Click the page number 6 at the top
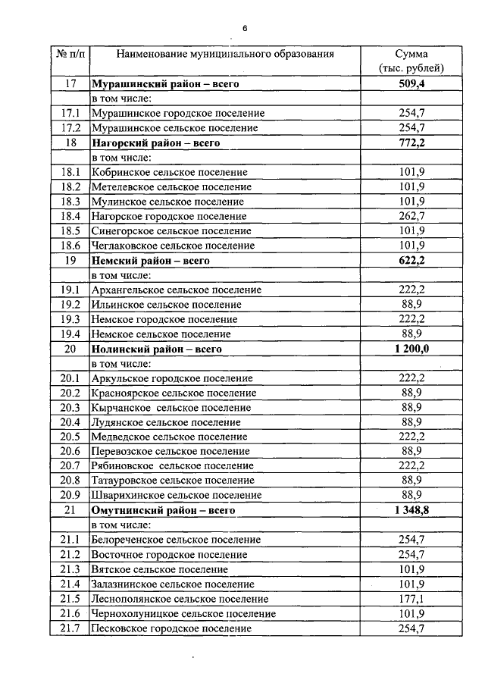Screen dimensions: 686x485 (x=245, y=28)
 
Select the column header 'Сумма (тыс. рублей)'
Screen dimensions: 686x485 (x=411, y=61)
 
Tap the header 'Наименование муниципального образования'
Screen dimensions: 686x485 (x=224, y=55)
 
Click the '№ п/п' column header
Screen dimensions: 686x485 (x=70, y=55)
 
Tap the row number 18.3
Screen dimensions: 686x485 (x=70, y=202)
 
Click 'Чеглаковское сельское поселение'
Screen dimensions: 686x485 (x=172, y=246)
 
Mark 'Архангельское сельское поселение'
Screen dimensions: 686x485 (x=176, y=290)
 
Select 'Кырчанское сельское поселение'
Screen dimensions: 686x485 (x=171, y=407)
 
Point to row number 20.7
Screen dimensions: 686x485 (x=70, y=465)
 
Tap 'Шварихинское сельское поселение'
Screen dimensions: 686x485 (x=176, y=495)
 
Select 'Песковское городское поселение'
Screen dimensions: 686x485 (x=171, y=628)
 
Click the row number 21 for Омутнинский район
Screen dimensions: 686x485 (x=70, y=510)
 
